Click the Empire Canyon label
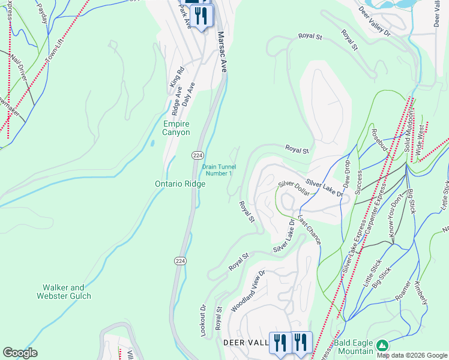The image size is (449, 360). click(176, 128)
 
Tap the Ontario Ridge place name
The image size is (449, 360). click(181, 184)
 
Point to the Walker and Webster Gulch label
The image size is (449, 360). click(64, 292)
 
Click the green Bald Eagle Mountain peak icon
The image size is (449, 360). click(382, 346)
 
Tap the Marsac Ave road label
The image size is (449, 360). click(223, 52)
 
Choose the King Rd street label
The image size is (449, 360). click(176, 94)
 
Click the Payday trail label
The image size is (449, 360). click(42, 12)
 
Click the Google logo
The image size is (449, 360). click(20, 353)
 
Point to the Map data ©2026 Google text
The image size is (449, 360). click(412, 355)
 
